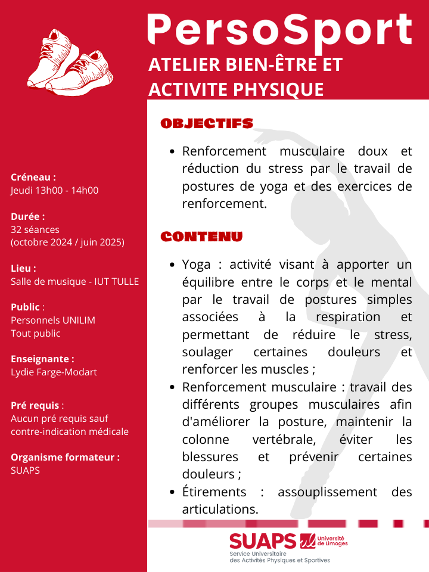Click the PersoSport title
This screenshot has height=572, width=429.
click(x=280, y=29)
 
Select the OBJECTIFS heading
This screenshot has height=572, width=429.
click(x=207, y=123)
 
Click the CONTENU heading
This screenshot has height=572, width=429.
click(x=201, y=237)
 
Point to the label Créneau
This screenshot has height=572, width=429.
click(x=33, y=177)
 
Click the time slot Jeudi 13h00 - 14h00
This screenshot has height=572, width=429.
click(x=55, y=191)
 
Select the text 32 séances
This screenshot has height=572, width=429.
click(x=35, y=229)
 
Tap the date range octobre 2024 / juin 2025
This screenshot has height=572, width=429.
click(x=67, y=243)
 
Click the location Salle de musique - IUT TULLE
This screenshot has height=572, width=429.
click(x=75, y=281)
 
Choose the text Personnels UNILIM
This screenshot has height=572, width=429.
click(x=53, y=320)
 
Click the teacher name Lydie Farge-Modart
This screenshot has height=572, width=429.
click(x=54, y=372)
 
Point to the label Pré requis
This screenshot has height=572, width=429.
click(x=35, y=405)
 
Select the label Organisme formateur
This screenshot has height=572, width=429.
click(x=65, y=457)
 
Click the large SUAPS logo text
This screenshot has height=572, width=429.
click(x=263, y=542)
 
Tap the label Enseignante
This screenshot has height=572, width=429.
click(x=42, y=359)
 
